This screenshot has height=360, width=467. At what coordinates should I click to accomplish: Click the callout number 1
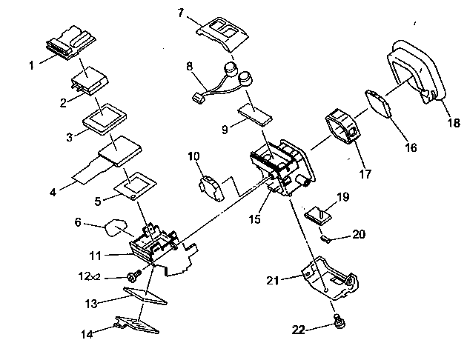[x=32, y=65]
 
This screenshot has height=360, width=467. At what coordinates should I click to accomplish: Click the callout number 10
[x=193, y=156]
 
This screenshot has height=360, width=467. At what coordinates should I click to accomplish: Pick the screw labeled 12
[x=134, y=276]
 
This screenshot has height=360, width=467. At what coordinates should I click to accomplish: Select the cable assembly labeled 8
[x=222, y=84]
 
